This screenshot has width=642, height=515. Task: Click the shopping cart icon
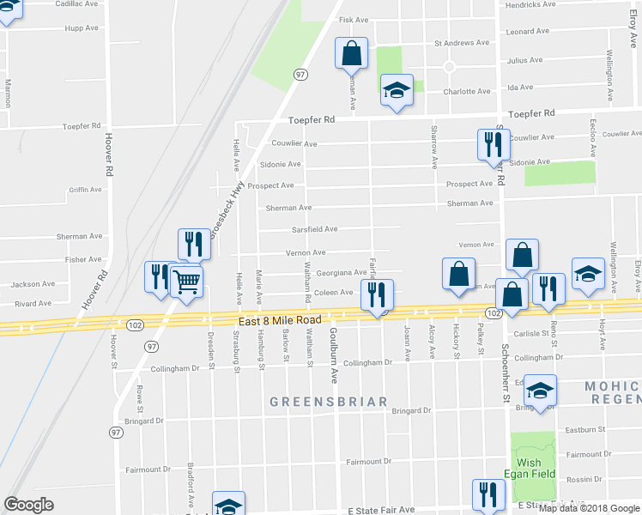tap(186, 281)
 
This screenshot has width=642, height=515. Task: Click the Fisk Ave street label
tap(354, 19)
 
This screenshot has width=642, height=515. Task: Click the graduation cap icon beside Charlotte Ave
tap(397, 90)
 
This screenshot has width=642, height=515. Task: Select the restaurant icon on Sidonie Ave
tap(493, 144)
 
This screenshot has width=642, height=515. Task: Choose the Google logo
tap(28, 505)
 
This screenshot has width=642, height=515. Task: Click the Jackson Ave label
tap(33, 283)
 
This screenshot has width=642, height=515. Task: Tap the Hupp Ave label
tap(82, 28)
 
